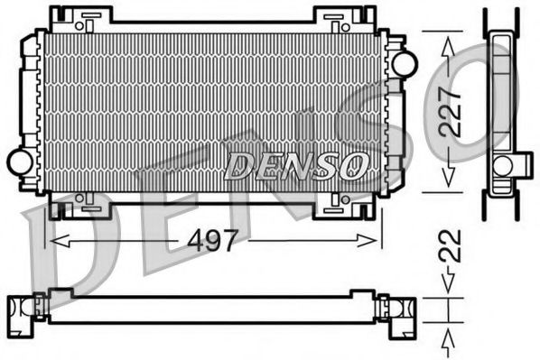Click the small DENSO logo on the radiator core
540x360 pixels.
pyautogui.click(x=296, y=164)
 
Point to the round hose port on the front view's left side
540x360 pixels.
pyautogui.click(x=19, y=162)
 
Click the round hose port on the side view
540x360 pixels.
pyautogui.click(x=502, y=164)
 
